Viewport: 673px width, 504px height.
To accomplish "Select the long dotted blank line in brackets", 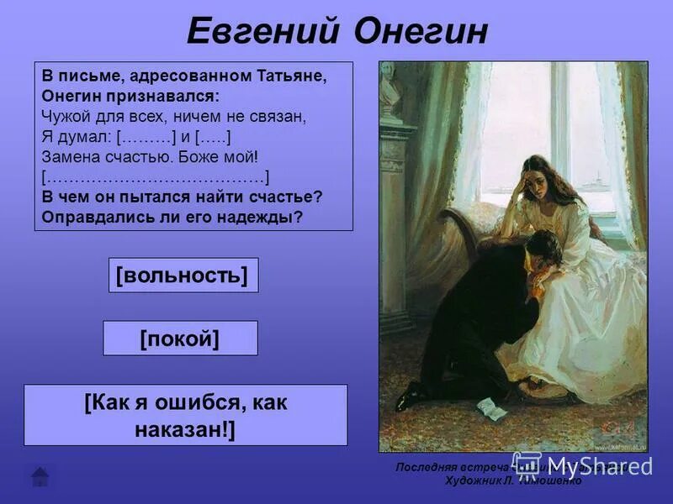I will pyautogui.click(x=155, y=177).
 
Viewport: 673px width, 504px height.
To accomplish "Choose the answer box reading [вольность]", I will pyautogui.click(x=183, y=276).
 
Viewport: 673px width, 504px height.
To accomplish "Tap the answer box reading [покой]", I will pyautogui.click(x=180, y=339).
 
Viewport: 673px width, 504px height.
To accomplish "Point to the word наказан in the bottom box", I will pyautogui.click(x=178, y=430).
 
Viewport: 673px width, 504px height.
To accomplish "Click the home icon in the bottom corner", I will pyautogui.click(x=40, y=476).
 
